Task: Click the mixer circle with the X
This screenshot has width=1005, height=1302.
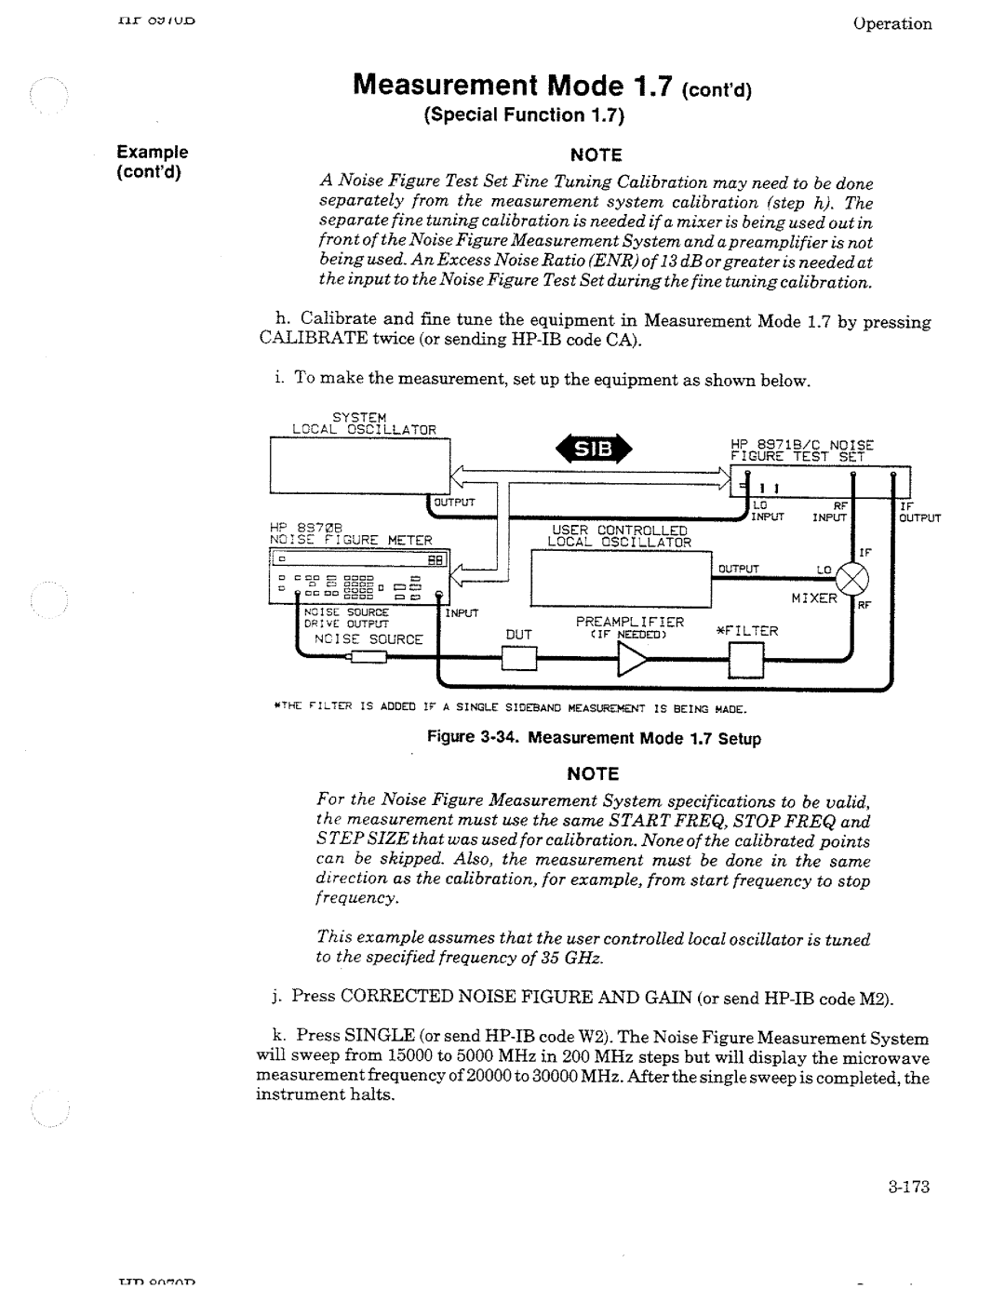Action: point(851,583)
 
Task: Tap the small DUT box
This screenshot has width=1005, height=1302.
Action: point(518,658)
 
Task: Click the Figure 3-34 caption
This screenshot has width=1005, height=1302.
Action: point(594,738)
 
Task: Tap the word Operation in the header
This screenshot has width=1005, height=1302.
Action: point(891,24)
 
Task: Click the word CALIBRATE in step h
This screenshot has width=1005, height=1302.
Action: point(306,342)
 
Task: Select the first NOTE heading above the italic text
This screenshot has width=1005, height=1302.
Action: point(596,154)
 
